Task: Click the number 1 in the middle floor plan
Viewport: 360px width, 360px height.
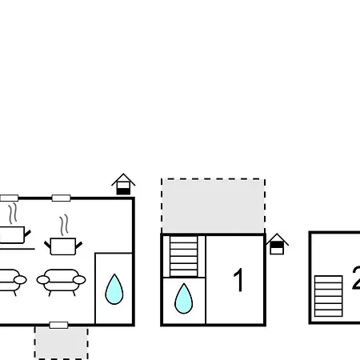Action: [239, 280]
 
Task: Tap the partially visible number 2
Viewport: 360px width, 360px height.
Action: [356, 278]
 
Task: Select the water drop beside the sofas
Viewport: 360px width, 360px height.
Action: [114, 289]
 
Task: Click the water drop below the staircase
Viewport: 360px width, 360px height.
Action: [183, 298]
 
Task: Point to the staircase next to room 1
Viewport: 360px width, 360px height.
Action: [184, 256]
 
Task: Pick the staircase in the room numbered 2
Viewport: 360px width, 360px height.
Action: [329, 296]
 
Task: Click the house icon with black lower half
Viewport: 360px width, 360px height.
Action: [123, 184]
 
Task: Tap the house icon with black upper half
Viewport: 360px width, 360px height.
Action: [277, 244]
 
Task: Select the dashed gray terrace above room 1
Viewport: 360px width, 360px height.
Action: [213, 206]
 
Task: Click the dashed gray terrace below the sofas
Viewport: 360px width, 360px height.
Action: [62, 343]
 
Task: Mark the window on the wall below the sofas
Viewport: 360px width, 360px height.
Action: [58, 325]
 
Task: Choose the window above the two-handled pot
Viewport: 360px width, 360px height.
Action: [61, 198]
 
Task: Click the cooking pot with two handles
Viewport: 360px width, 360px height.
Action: [63, 246]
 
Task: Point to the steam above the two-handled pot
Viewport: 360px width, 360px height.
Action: [64, 226]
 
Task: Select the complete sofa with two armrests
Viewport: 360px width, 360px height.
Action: [61, 282]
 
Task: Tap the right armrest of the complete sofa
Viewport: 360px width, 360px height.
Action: [79, 280]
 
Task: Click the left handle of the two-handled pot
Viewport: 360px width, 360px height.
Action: [47, 245]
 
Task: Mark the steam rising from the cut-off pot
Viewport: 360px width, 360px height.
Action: [13, 214]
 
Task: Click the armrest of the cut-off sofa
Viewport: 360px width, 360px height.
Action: [20, 280]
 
